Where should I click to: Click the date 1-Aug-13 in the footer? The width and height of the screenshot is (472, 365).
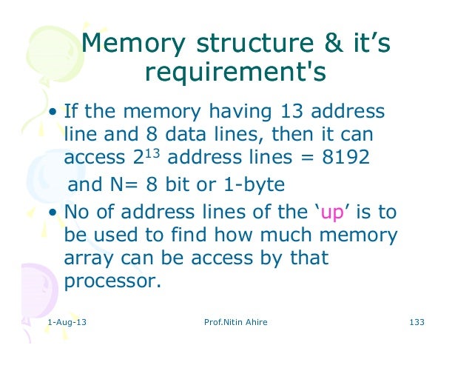(66, 323)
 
